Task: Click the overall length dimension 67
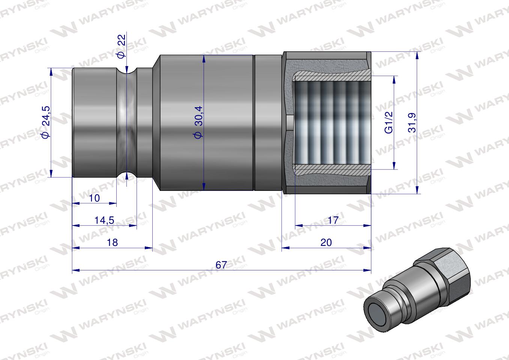(221, 264)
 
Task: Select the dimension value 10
(95, 198)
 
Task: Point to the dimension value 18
(112, 242)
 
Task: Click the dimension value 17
(333, 220)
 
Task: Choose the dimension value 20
(326, 242)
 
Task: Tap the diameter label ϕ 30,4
(198, 122)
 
